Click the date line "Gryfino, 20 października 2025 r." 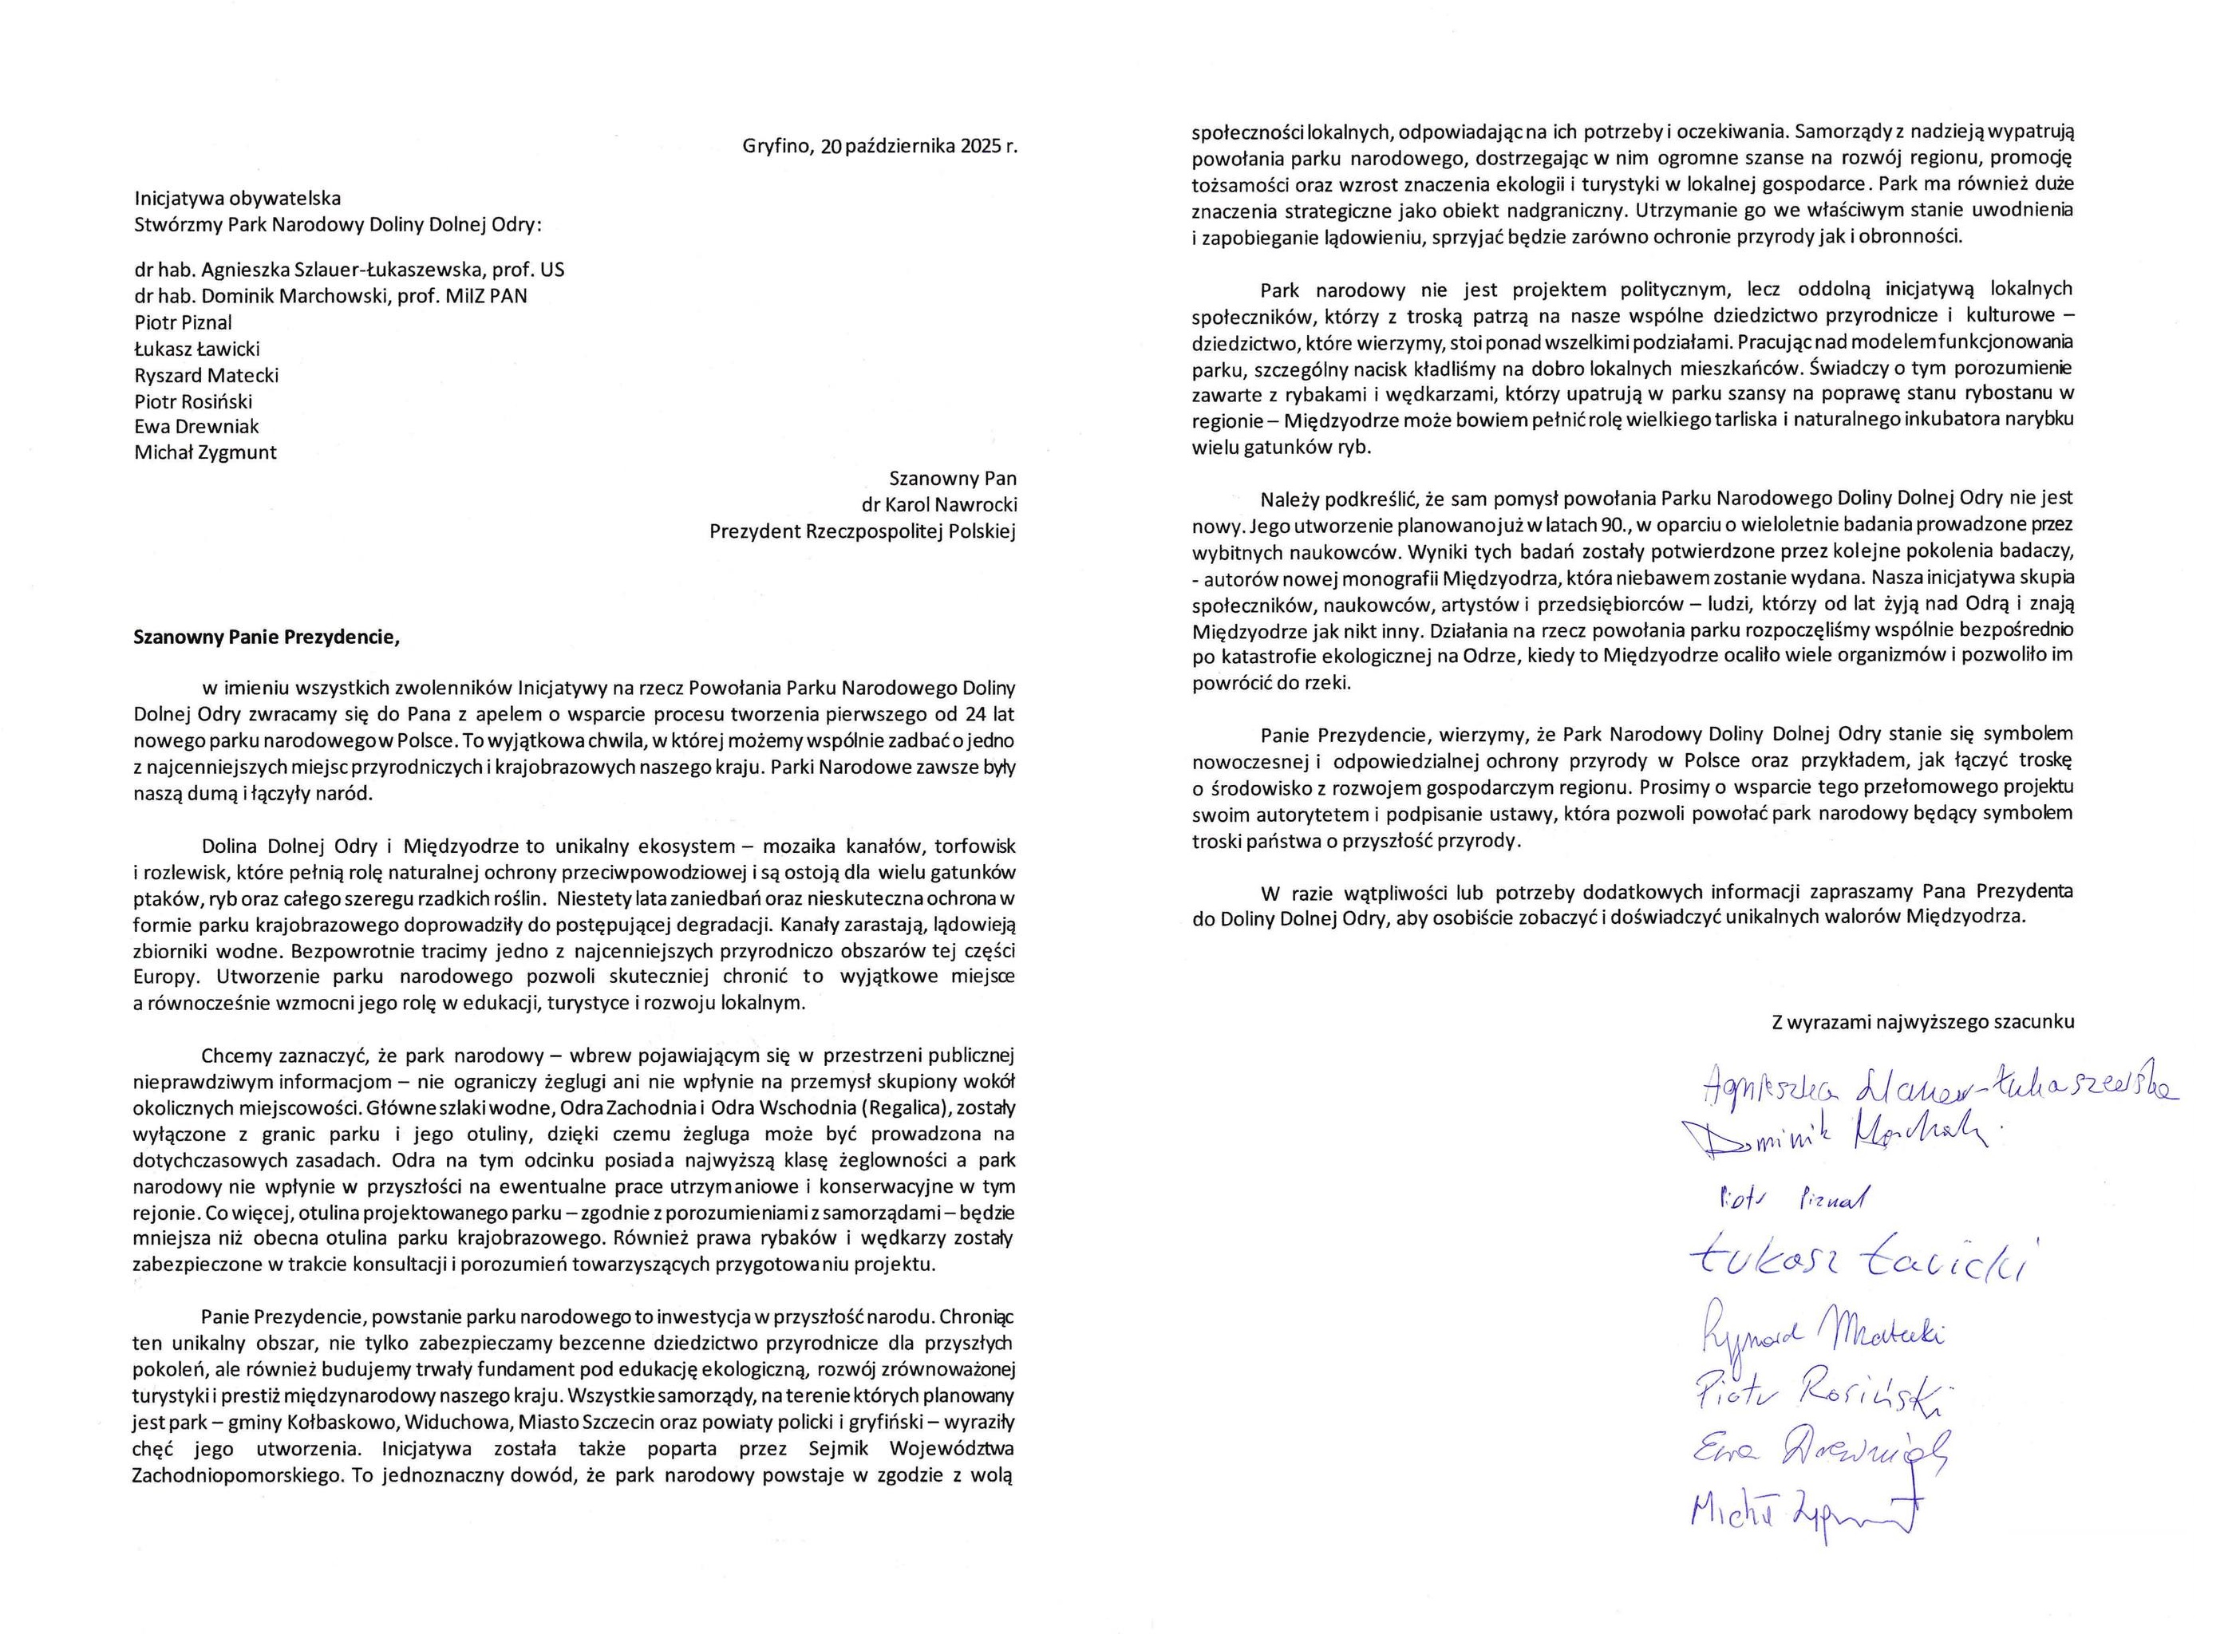[x=879, y=146]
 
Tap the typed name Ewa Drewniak [x=197, y=426]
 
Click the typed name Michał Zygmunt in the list [x=206, y=453]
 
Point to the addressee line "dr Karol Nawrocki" [x=939, y=505]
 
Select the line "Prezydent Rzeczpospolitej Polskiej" [x=863, y=532]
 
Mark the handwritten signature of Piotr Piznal [x=1790, y=1201]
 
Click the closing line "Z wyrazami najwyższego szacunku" [x=1922, y=1023]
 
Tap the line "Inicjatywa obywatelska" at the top [x=238, y=199]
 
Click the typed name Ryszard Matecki [x=207, y=375]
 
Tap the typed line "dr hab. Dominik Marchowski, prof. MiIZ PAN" [x=330, y=296]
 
